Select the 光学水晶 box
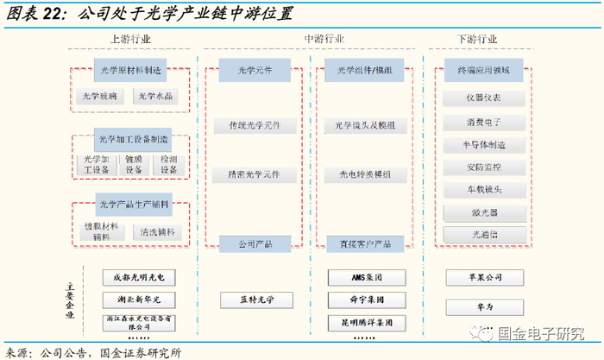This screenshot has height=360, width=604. click(155, 97)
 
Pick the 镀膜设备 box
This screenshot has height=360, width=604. click(134, 164)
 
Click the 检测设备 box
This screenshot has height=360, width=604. click(167, 164)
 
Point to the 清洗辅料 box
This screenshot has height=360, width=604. click(156, 232)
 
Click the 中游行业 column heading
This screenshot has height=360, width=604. click(324, 40)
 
